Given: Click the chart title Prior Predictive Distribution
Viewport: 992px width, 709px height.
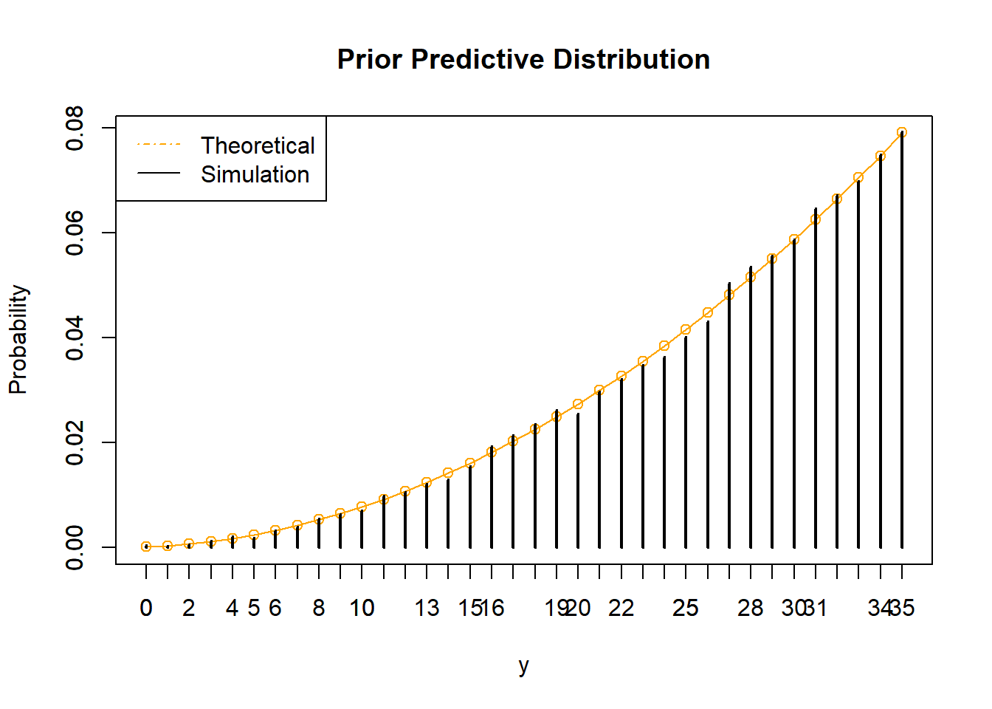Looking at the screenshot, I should click(x=523, y=60).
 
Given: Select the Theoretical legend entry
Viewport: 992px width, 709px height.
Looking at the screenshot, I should click(x=257, y=145).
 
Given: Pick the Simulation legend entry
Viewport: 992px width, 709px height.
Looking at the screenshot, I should click(x=255, y=175).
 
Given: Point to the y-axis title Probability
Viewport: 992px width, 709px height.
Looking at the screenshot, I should click(x=18, y=340).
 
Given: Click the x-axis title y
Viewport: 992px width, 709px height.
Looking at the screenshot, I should click(x=523, y=665).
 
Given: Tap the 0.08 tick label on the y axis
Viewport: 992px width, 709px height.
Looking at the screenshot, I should click(x=75, y=129).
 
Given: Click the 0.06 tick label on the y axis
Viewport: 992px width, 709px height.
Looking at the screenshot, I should click(x=75, y=233).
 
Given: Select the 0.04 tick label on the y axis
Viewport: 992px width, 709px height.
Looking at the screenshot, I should click(x=75, y=338).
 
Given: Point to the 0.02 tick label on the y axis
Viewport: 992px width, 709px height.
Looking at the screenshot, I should click(x=75, y=443).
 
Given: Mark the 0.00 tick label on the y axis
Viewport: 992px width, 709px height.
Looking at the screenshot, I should click(x=75, y=547).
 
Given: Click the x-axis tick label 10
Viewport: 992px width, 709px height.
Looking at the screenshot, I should click(x=362, y=608).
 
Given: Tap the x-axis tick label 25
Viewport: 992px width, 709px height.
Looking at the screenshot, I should click(x=686, y=608).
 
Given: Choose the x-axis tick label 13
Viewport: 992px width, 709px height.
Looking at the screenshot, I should click(x=427, y=608).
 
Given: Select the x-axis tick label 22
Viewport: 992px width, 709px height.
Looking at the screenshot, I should click(x=621, y=608).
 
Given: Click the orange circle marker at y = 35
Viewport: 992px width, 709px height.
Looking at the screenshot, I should click(x=901, y=133).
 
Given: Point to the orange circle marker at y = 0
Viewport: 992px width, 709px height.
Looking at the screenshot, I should click(x=146, y=547).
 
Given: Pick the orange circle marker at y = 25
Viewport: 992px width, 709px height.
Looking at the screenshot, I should click(x=686, y=329).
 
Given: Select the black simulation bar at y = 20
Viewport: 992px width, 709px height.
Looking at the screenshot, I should click(x=578, y=480).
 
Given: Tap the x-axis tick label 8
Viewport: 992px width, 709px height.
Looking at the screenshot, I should click(x=319, y=608).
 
